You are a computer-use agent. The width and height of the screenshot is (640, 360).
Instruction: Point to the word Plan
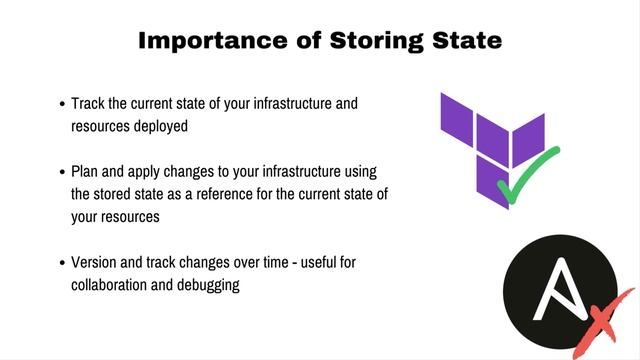(x=86, y=173)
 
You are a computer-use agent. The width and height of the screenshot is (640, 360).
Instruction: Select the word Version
(x=95, y=263)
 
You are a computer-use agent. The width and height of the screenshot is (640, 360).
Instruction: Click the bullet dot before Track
(x=62, y=103)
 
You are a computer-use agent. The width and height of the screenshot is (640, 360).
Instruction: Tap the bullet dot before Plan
(x=62, y=174)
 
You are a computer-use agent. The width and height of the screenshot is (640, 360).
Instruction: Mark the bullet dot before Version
(x=62, y=264)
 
